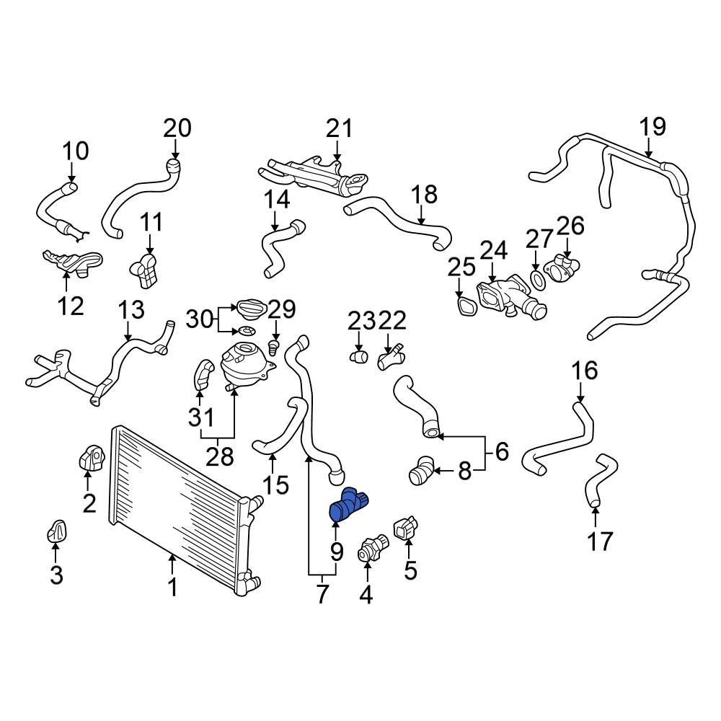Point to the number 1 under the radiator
pos(172,588)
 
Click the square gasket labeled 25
pos(466,306)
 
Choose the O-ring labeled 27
pos(536,278)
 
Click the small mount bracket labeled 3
pos(57,532)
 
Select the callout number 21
pos(339,129)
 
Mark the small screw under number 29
pos(274,348)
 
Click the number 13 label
pos(131,310)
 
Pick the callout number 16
pos(585,371)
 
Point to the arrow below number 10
pos(72,174)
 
